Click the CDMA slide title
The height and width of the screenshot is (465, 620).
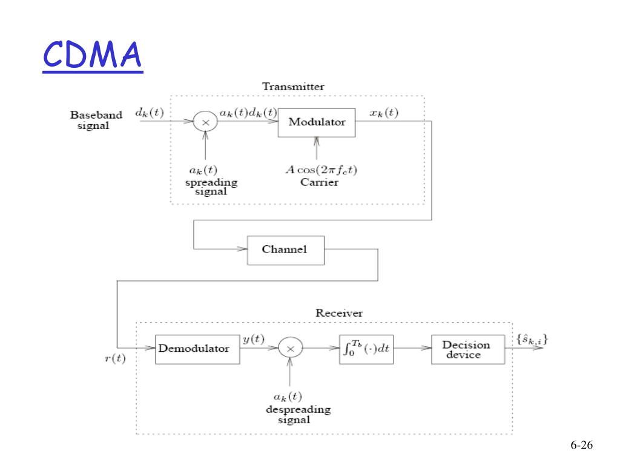pyautogui.click(x=93, y=54)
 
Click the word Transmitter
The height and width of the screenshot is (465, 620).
pyautogui.click(x=293, y=87)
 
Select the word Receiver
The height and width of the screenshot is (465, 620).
pyautogui.click(x=339, y=313)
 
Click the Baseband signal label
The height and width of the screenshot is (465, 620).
pyautogui.click(x=96, y=120)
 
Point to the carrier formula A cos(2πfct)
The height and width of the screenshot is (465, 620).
pyautogui.click(x=321, y=170)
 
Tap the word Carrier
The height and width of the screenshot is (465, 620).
pyautogui.click(x=320, y=182)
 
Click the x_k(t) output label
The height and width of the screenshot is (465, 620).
pyautogui.click(x=384, y=113)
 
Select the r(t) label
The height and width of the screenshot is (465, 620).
pyautogui.click(x=115, y=358)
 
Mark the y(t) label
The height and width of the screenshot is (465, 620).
pyautogui.click(x=254, y=339)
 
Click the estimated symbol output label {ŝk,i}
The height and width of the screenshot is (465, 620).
pyautogui.click(x=532, y=340)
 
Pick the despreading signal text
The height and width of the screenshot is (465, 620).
pyautogui.click(x=298, y=414)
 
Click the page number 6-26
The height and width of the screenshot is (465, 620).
pyautogui.click(x=581, y=445)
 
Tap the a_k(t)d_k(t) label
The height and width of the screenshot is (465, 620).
pyautogui.click(x=248, y=113)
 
